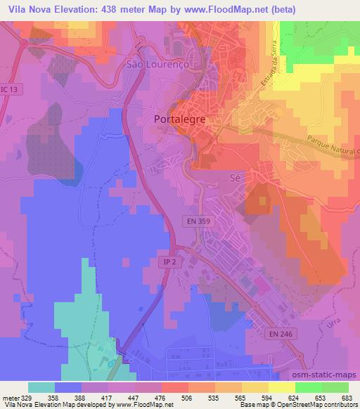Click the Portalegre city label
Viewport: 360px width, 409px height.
(179, 119)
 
